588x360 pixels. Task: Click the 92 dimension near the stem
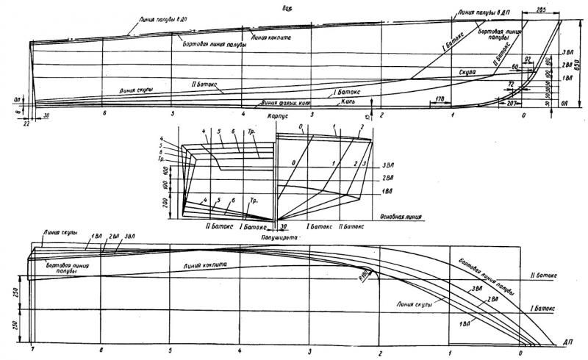tap(527, 57)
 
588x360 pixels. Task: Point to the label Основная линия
tap(400, 217)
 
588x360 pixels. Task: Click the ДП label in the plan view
tap(568, 342)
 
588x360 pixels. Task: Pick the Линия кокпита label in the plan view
tap(208, 263)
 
